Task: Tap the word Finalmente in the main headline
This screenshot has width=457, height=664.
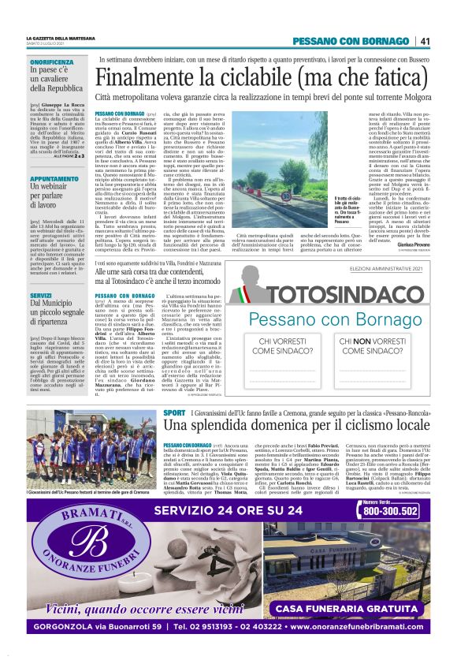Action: [x=143, y=78]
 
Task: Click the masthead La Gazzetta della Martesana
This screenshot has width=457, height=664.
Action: [x=58, y=38]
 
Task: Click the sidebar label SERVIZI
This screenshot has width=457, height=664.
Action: [x=41, y=295]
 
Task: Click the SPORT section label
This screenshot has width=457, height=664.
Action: [x=175, y=412]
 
